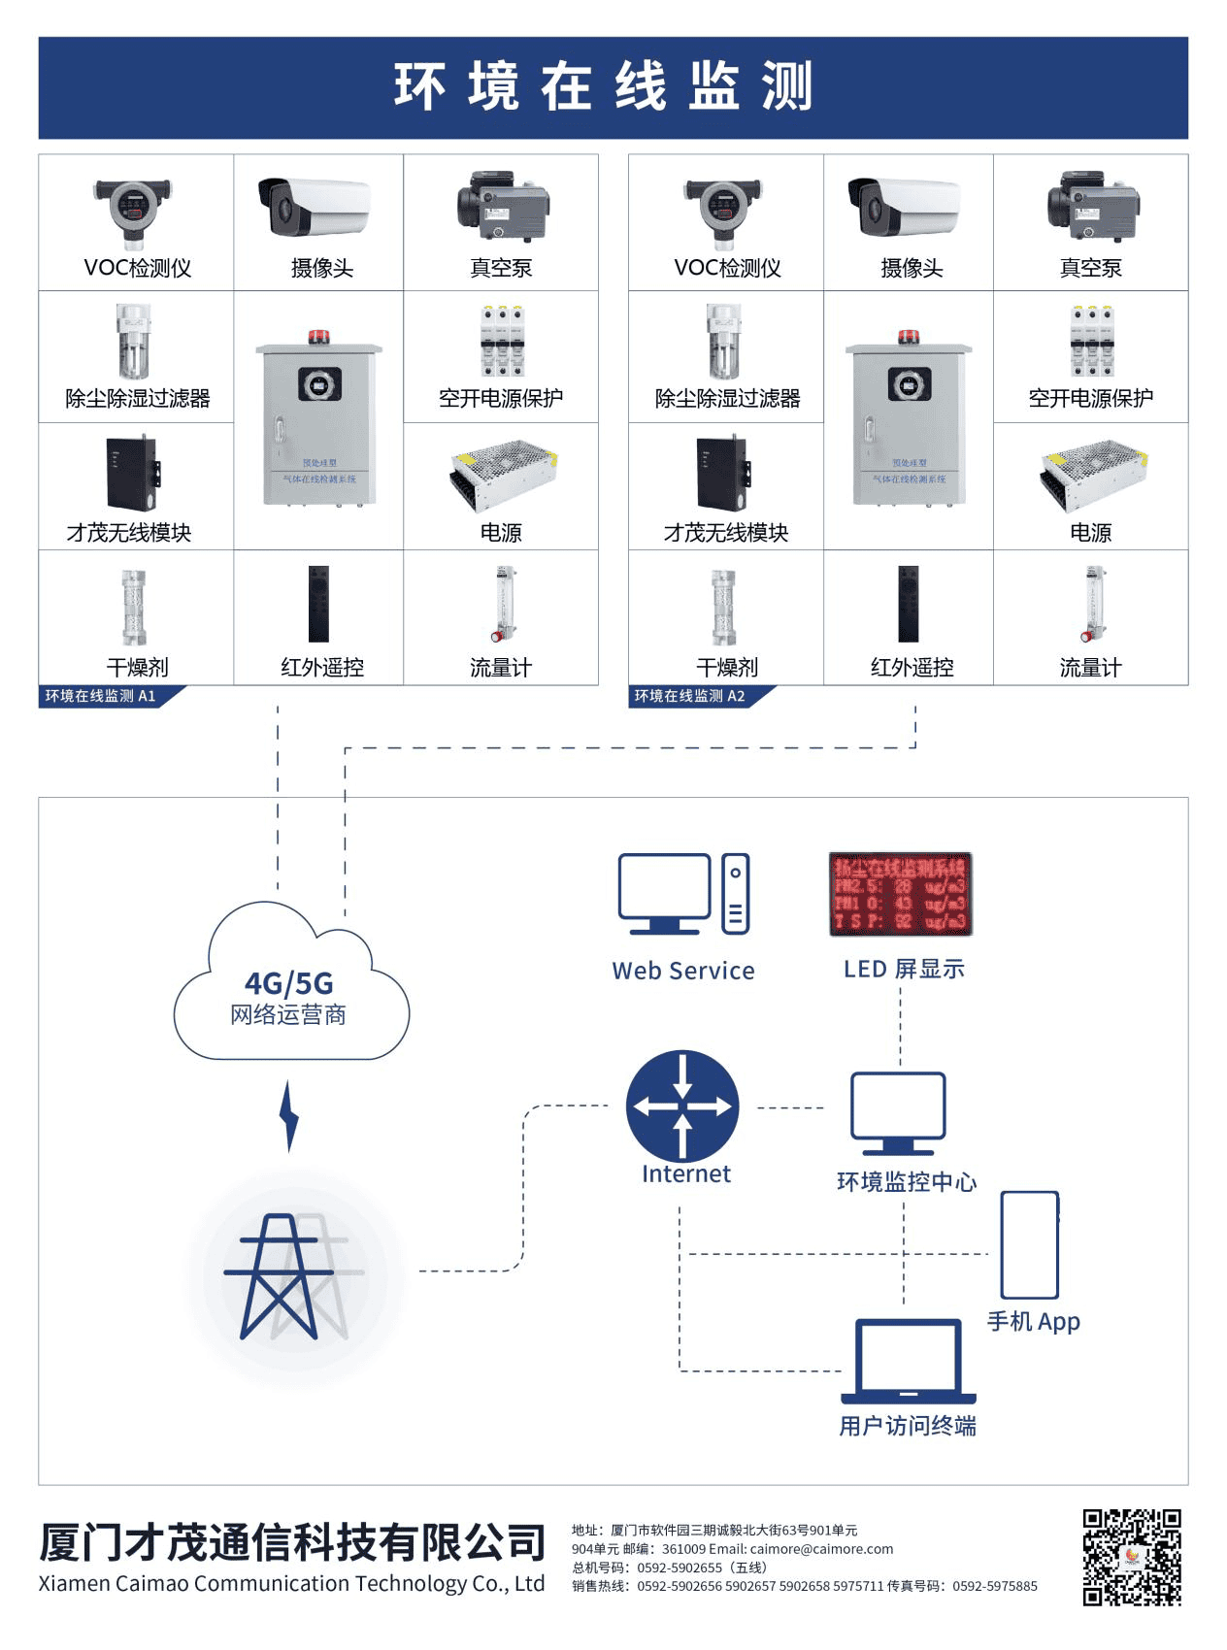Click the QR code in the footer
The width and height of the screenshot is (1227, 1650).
point(1132,1557)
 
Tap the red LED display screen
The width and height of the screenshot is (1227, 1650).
point(900,894)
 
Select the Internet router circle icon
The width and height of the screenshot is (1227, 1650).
point(682,1105)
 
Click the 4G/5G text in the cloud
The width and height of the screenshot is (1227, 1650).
point(288,983)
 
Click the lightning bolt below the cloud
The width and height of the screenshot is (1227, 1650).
point(288,1116)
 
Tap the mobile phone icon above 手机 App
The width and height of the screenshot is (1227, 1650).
point(1030,1244)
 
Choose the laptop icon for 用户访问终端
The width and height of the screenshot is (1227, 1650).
point(909,1361)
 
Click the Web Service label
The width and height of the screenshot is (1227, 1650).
point(683,971)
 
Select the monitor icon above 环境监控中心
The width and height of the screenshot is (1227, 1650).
point(898,1112)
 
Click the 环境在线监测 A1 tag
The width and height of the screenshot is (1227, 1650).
point(101,696)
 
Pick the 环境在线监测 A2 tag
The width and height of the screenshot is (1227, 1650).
point(690,696)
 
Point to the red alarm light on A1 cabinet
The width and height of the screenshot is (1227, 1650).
point(318,337)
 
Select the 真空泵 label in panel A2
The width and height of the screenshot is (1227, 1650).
point(1090,268)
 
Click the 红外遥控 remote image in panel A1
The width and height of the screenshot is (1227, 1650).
point(318,604)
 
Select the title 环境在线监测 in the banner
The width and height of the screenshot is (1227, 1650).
point(603,87)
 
